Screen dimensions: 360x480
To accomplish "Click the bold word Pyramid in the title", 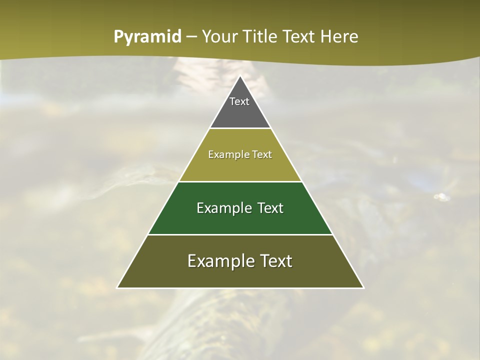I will tap(147, 37).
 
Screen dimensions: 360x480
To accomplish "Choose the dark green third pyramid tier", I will tap(240, 220).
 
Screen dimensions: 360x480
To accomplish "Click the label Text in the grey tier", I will tap(239, 101).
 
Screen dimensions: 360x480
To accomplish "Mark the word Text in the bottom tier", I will tap(276, 261).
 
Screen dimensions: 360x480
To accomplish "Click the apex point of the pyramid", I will tap(240, 76).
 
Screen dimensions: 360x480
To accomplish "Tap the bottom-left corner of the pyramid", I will tap(117, 287).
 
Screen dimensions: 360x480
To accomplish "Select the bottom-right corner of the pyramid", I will tap(363, 287).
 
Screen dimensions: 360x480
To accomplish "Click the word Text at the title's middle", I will tap(299, 37).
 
